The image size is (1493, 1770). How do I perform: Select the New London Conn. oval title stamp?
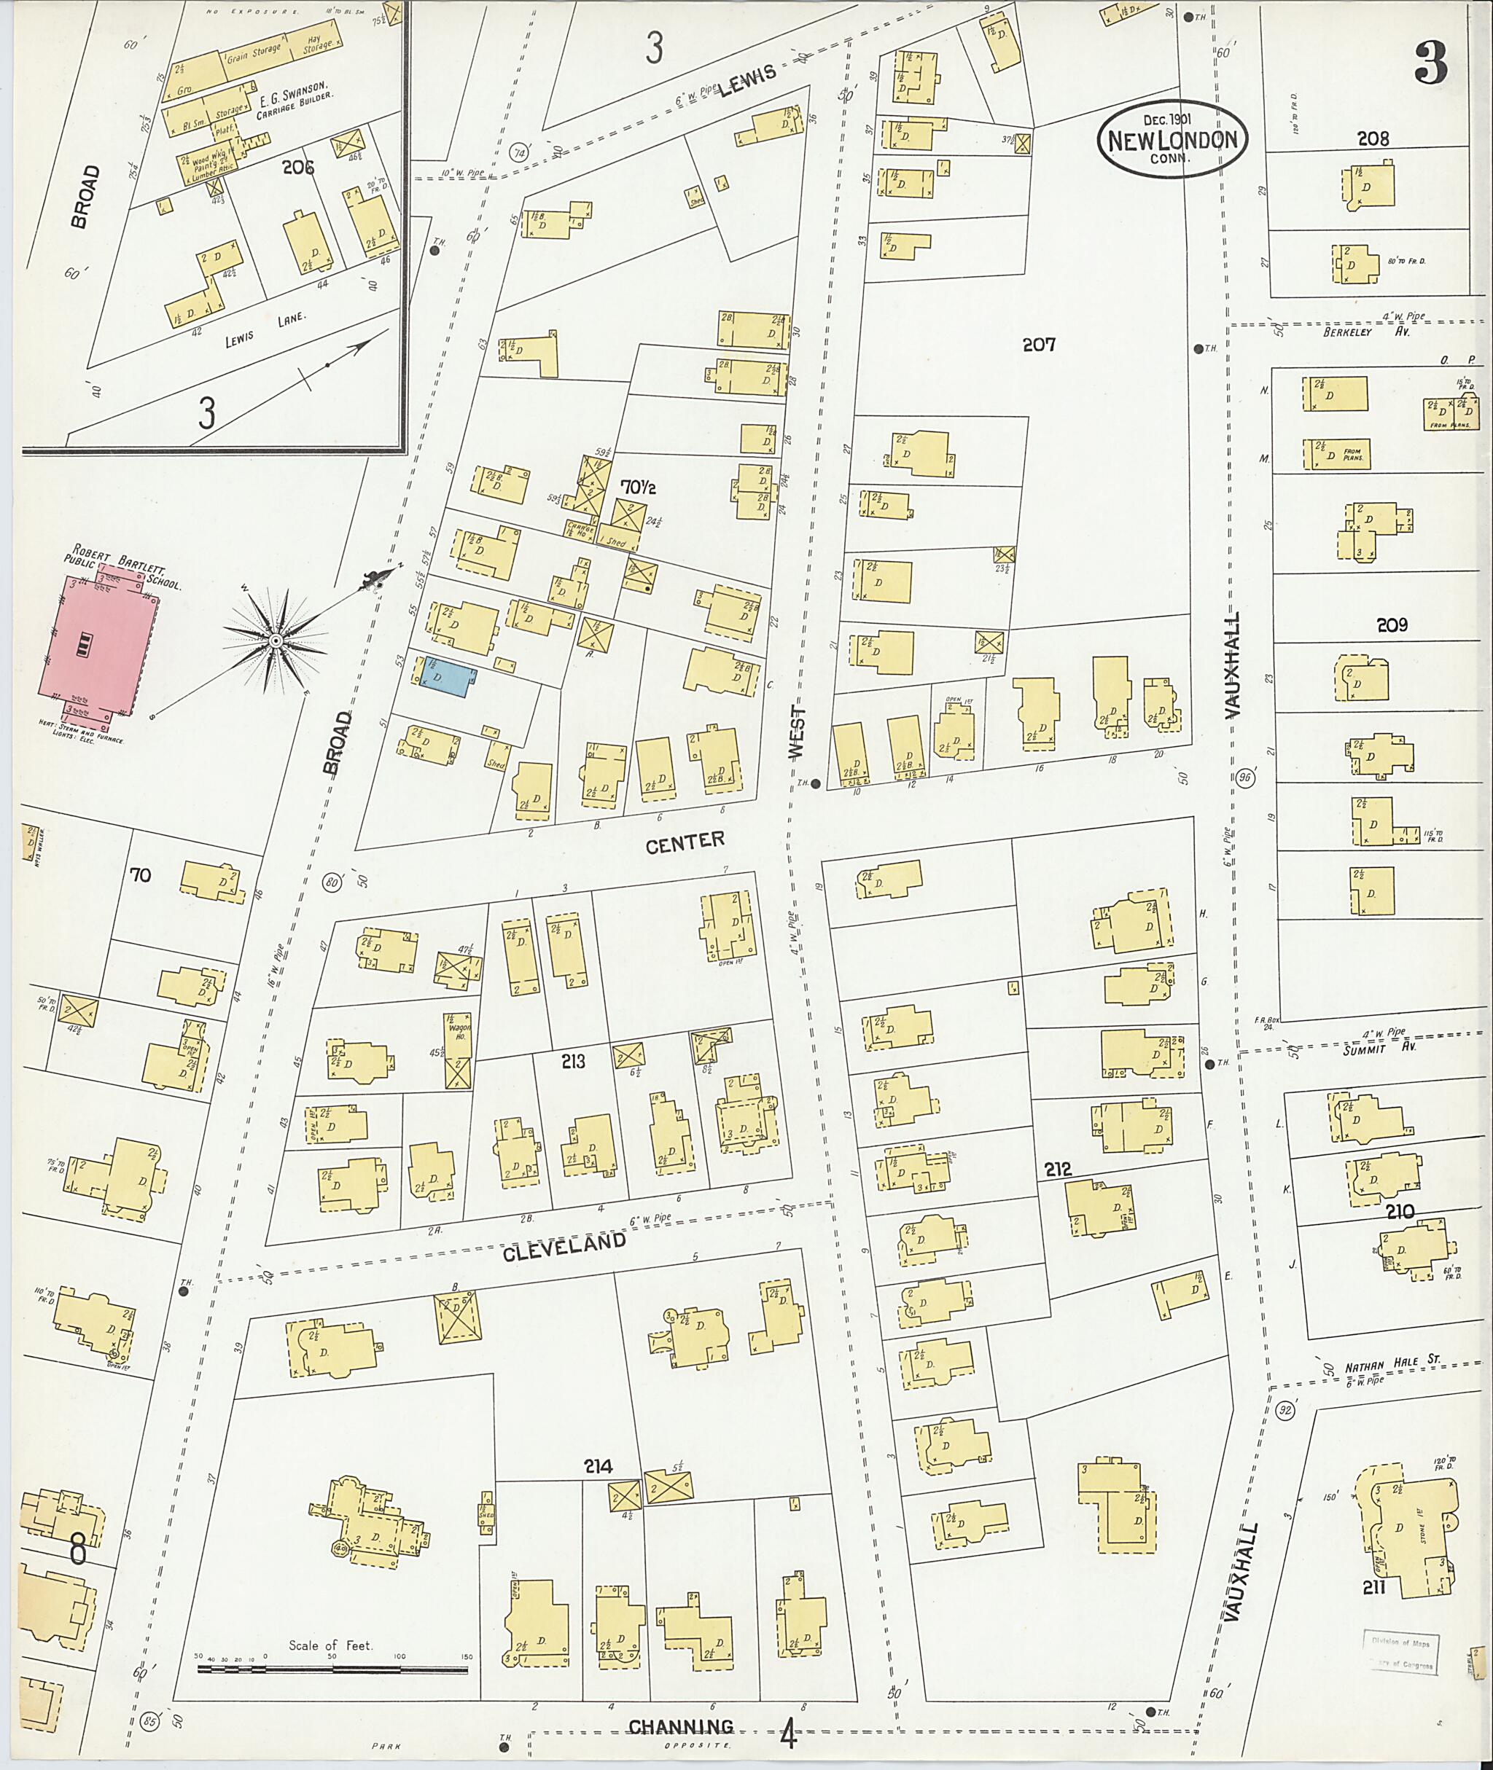(1172, 141)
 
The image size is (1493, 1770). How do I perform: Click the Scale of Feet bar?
(332, 1669)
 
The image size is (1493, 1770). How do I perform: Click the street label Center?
(685, 841)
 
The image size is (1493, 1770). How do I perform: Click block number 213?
(573, 1061)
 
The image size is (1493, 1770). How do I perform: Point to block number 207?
(1039, 345)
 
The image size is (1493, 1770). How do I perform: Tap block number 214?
(598, 1466)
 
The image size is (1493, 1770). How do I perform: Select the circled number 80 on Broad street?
(332, 882)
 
